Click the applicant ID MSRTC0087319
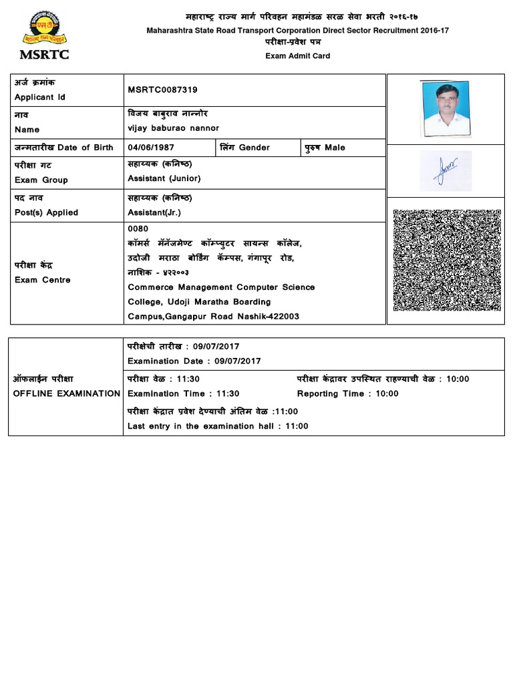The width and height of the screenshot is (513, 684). [x=162, y=90]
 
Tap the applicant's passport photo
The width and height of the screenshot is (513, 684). [x=446, y=105]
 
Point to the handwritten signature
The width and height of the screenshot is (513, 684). [x=446, y=170]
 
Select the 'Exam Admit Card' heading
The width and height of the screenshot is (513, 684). [x=298, y=56]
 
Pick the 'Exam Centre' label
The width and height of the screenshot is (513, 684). [x=42, y=280]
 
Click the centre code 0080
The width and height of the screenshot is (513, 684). [x=138, y=228]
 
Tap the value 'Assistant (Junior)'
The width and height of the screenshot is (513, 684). [x=164, y=178]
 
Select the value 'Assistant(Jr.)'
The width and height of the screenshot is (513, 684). [x=154, y=212]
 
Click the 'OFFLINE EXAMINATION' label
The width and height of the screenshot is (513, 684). [x=67, y=393]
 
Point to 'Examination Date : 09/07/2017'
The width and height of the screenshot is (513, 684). [x=194, y=361]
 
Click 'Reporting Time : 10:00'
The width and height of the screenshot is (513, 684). [x=347, y=393]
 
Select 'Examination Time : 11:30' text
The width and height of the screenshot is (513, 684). [x=183, y=393]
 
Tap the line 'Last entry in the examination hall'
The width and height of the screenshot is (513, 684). [x=218, y=426]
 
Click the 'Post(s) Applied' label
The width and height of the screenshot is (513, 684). [x=46, y=212]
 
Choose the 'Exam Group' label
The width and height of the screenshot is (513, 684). [x=41, y=180]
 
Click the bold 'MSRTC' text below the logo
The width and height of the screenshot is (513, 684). [x=45, y=55]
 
